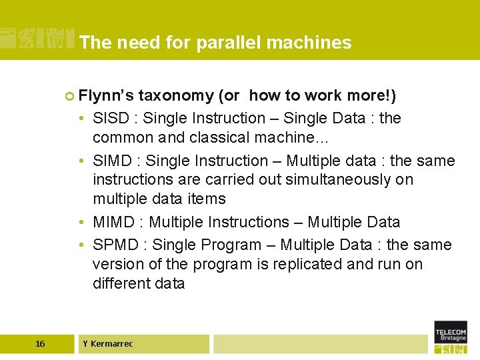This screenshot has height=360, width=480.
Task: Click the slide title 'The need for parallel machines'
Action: pyautogui.click(x=215, y=43)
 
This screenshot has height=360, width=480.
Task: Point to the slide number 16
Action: pyautogui.click(x=40, y=344)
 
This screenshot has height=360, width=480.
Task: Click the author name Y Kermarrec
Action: pyautogui.click(x=108, y=344)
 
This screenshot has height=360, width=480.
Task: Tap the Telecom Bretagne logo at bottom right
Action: pyautogui.click(x=451, y=336)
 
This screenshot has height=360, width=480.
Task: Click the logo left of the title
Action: pyautogui.click(x=37, y=39)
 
